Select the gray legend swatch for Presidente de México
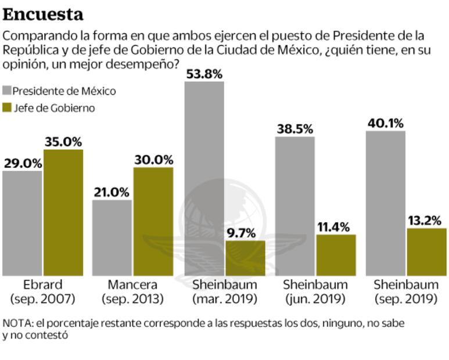pos(7,91)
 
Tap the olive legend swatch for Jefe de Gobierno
pos(7,108)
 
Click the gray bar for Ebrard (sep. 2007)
pos(22,224)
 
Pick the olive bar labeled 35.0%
pos(63,213)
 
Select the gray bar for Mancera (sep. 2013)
pos(112,238)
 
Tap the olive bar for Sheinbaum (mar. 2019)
pos(245,258)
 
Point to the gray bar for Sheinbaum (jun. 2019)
pos(295,206)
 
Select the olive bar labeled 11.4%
pos(336,255)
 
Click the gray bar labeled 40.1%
pos(385,203)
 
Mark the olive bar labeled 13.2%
pos(427,252)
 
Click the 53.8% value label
pos(204,74)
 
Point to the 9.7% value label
pos(245,233)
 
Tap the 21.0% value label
pos(112,192)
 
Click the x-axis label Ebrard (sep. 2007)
pos(42,292)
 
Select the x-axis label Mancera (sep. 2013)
pos(132,292)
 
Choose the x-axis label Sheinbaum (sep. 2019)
pos(405,292)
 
